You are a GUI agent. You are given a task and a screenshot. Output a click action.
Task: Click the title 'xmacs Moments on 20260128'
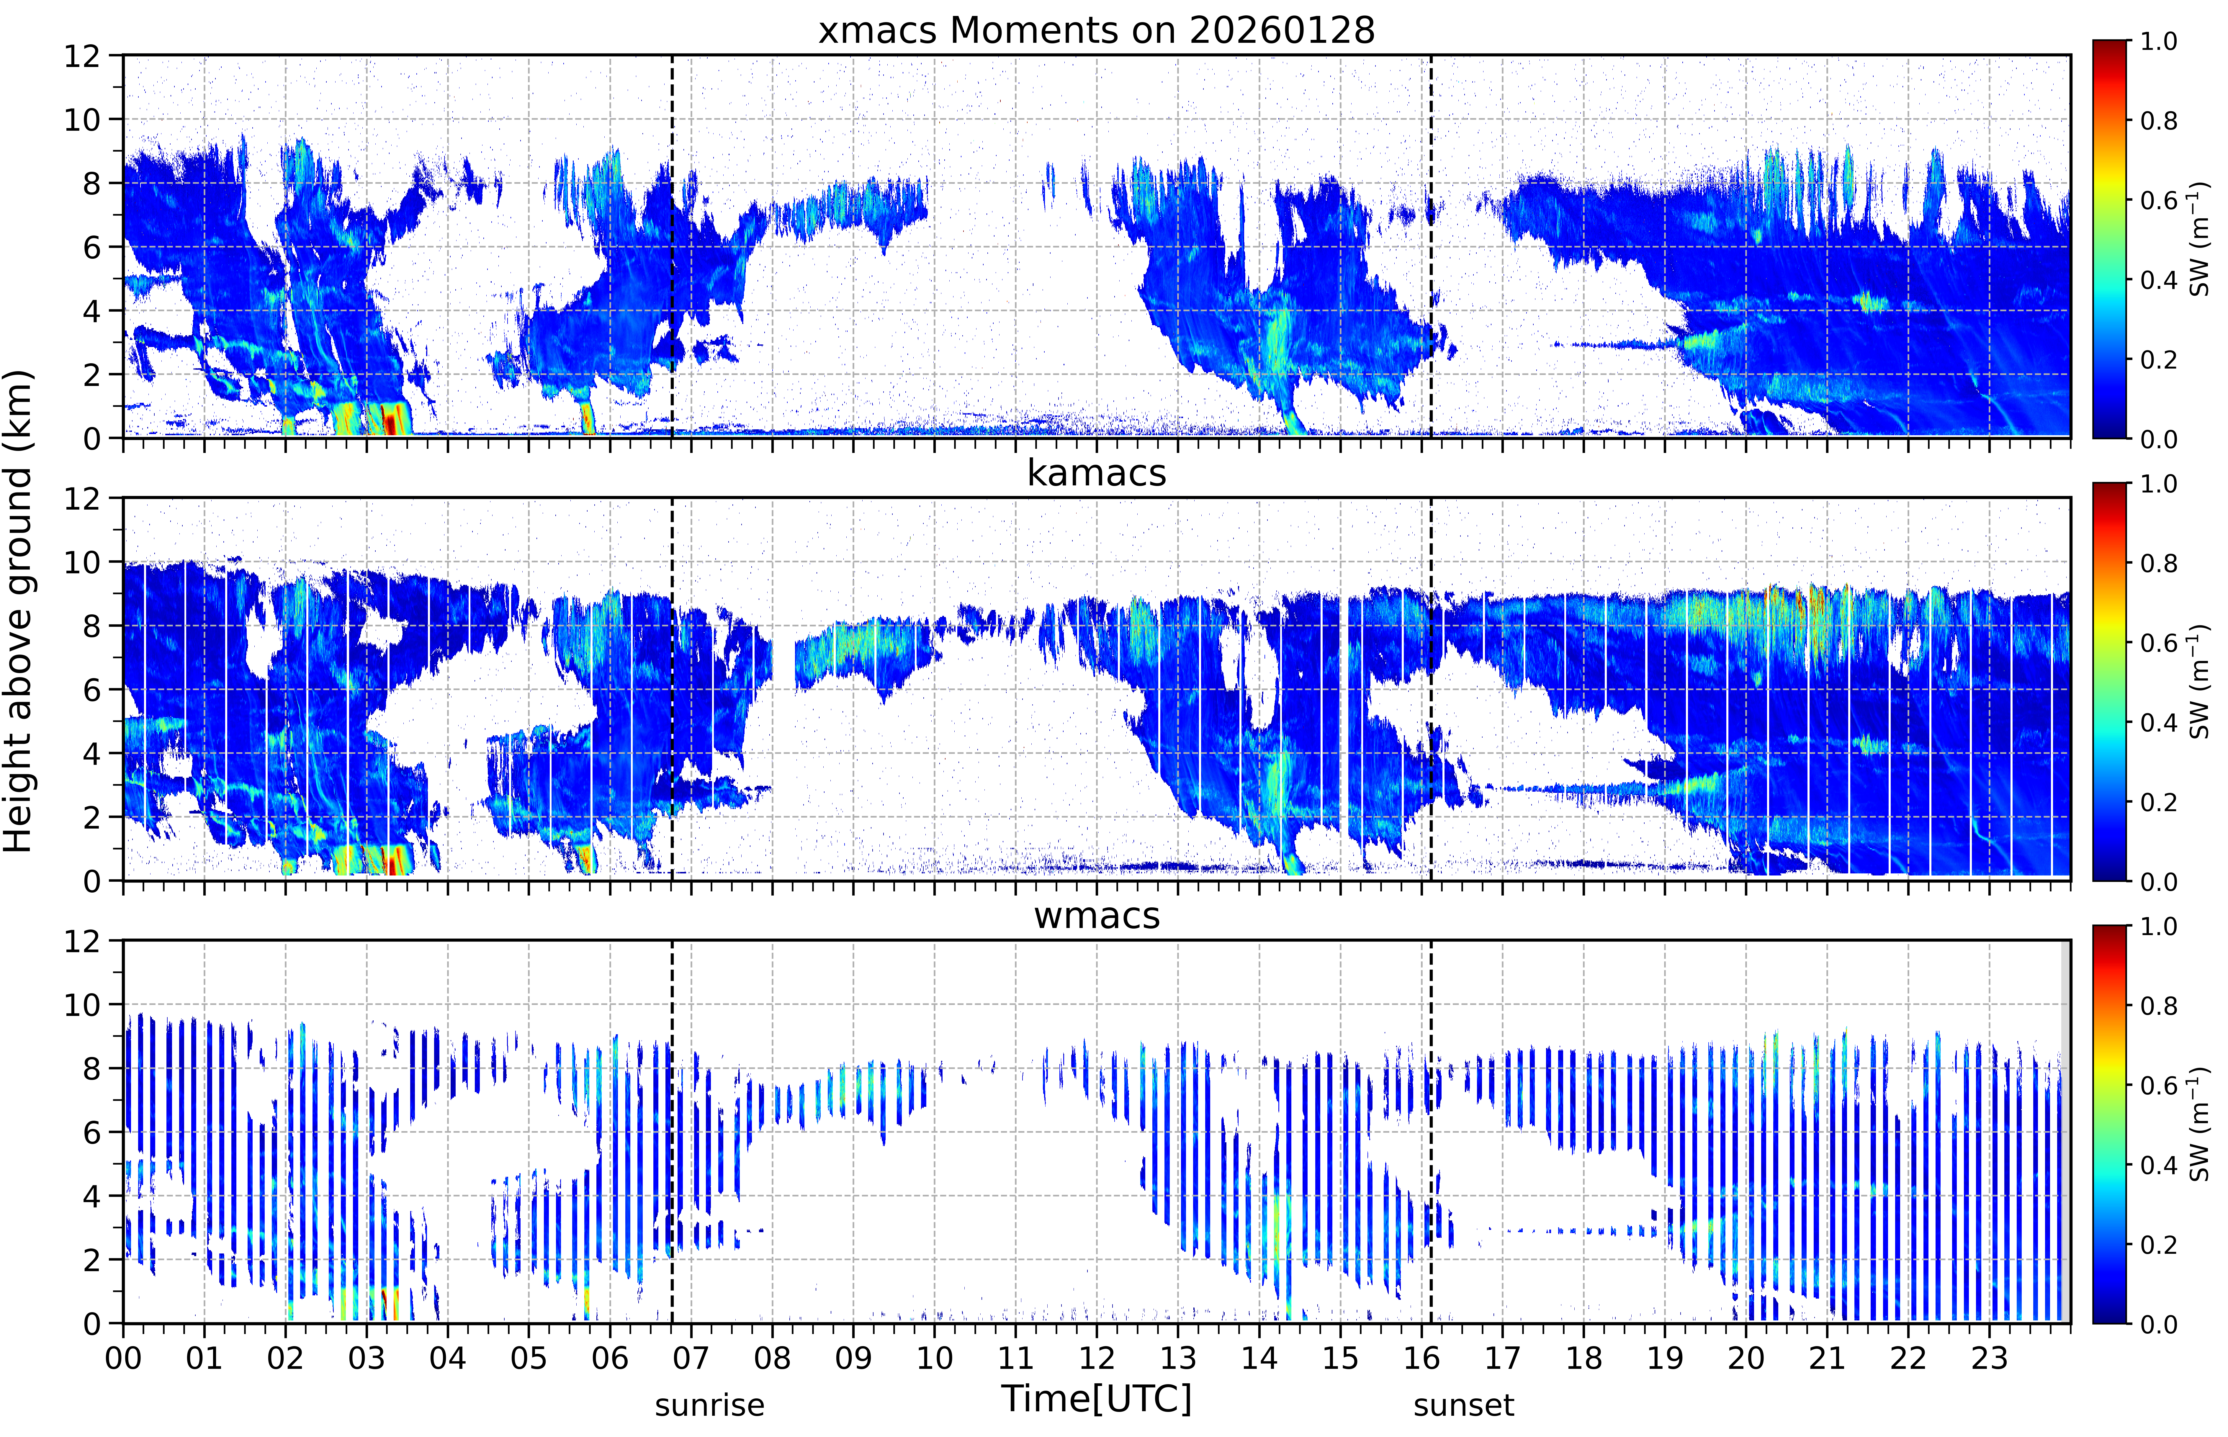click(x=1096, y=31)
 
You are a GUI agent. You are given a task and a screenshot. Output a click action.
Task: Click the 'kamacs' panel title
click(x=1096, y=473)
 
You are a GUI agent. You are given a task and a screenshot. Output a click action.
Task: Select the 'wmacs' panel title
click(x=1096, y=916)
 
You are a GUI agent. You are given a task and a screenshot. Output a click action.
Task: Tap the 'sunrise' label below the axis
click(x=709, y=1404)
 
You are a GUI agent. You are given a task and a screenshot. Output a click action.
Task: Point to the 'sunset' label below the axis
click(x=1464, y=1404)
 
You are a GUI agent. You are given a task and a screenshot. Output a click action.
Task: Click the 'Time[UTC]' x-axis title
click(x=1096, y=1399)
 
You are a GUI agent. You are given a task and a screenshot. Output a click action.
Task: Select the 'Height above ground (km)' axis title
click(x=19, y=611)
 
